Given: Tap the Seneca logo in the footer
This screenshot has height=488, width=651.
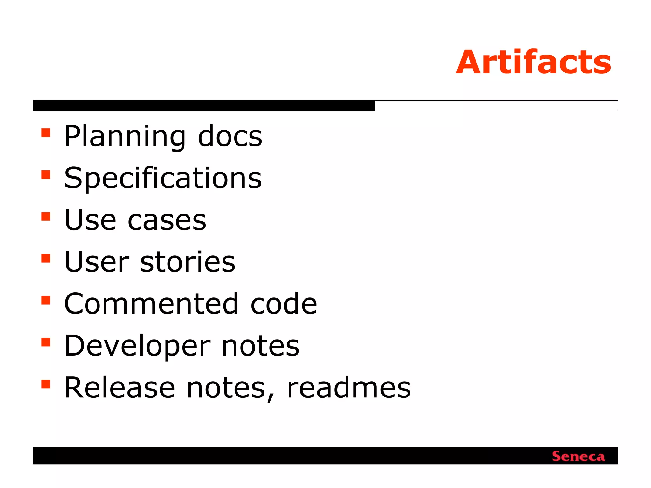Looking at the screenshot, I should [x=578, y=456].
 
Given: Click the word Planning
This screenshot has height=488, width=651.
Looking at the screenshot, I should [x=125, y=137].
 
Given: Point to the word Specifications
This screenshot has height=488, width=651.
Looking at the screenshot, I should [x=163, y=178].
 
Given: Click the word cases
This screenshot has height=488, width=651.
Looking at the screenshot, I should [x=167, y=220].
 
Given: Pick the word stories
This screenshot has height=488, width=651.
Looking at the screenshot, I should [x=188, y=262].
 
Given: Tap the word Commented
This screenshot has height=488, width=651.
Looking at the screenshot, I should [x=151, y=304].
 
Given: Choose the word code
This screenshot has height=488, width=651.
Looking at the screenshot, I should [x=284, y=304].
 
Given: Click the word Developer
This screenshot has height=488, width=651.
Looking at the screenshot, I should [x=137, y=346].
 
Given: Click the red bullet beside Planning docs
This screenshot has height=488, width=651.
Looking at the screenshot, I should [x=46, y=132].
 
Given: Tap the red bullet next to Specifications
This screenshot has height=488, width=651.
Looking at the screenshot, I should [x=46, y=174].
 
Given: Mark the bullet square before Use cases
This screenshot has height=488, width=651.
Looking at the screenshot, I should [x=46, y=216].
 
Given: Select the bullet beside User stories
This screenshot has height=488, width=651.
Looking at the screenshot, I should [x=46, y=258].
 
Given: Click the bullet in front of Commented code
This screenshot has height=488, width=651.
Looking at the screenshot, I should [x=46, y=300].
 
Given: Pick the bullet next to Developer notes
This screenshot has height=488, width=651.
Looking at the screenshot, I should [x=46, y=342].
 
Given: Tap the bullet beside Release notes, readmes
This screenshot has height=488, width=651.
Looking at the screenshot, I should [x=46, y=384].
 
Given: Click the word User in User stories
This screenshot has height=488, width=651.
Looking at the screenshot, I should [x=97, y=262].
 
